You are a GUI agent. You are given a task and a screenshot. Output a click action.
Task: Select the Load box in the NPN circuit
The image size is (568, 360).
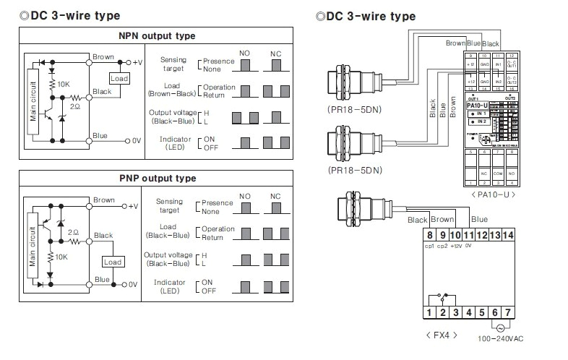[119, 78]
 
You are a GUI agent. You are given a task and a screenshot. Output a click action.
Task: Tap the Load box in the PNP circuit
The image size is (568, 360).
[112, 262]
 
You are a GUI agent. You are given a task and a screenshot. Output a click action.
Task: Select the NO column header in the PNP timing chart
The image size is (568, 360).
[245, 197]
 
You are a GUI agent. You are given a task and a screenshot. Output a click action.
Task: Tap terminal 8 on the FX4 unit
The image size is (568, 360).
[430, 235]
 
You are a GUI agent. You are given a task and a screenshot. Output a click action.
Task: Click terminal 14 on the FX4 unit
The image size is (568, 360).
[508, 235]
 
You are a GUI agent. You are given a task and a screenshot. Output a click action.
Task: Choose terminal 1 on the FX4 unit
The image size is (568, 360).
[430, 312]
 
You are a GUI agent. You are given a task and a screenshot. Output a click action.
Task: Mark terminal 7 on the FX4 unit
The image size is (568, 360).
[508, 312]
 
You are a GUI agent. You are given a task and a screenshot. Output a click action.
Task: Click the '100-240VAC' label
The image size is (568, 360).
[502, 338]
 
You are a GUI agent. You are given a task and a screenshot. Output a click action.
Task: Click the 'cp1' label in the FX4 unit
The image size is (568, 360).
[430, 247]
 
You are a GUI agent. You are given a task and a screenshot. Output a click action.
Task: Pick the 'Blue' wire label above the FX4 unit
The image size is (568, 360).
[479, 219]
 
